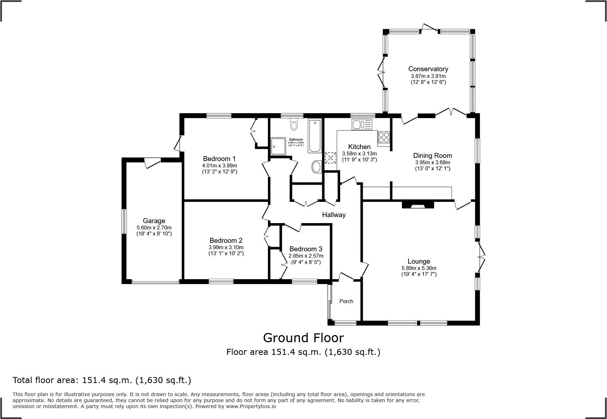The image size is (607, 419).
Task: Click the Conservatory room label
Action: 428,69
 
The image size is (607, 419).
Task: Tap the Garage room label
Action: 154,221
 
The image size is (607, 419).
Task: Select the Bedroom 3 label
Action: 306,249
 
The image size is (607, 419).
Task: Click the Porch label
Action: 346,301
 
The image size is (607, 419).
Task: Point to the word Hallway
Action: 333,215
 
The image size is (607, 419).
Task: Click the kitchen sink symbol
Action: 362,124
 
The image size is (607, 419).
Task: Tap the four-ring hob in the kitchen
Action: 384,137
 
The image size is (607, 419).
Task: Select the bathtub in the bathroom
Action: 314,136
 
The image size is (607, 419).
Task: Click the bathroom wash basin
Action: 317,167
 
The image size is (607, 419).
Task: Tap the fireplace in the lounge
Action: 418,204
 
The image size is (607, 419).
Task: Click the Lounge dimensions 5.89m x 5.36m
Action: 419,268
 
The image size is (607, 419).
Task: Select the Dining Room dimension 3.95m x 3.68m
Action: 433,162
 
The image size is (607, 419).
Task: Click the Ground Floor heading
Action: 303,338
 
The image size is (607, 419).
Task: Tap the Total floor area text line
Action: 102,380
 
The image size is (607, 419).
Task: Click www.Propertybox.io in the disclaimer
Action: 251,406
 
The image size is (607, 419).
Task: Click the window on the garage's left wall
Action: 124,221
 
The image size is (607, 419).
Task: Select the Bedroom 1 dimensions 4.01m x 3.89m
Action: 219,166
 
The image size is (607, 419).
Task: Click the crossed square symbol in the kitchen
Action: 331,158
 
